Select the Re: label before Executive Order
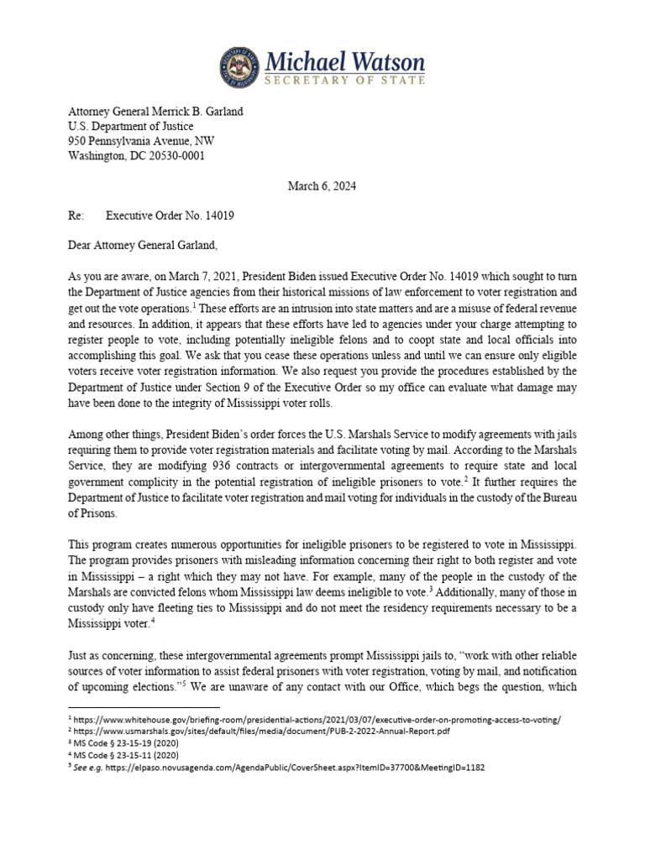coord(76,216)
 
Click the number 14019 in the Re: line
coord(217,216)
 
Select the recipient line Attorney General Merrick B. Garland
coord(156,111)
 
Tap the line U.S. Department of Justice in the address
coord(126,126)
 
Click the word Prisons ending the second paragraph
coord(92,513)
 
